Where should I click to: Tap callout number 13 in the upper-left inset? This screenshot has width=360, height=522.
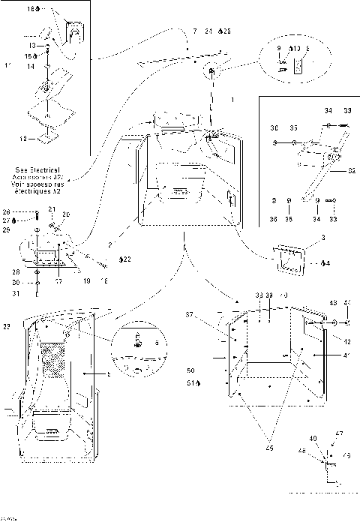coord(33,45)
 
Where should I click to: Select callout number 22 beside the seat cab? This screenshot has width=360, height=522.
coord(7,327)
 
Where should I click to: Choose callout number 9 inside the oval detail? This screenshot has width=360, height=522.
coord(279,48)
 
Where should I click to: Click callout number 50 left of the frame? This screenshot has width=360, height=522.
coord(190,370)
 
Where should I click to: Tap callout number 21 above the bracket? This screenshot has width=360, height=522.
coord(52,208)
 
